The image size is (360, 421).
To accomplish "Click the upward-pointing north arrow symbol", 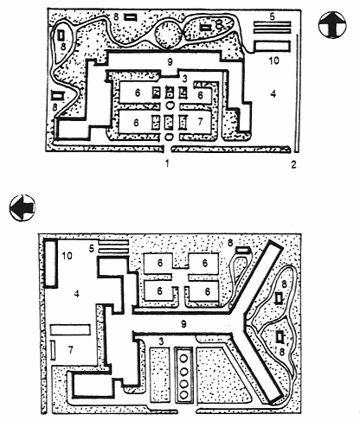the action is click(x=332, y=25).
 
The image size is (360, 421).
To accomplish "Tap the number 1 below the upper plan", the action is click(x=167, y=163).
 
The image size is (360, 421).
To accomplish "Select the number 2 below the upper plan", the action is click(x=293, y=164).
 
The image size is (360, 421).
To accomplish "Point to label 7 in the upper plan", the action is click(x=200, y=122).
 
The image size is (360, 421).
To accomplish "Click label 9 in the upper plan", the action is click(x=170, y=61).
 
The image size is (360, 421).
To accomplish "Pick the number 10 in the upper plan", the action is click(x=273, y=61).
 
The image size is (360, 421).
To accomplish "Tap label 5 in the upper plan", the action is click(x=272, y=16).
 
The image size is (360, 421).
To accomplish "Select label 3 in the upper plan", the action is click(x=184, y=78).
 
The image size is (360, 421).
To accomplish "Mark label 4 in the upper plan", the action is click(x=273, y=93).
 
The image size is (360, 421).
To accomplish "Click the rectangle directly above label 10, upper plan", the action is click(x=272, y=46).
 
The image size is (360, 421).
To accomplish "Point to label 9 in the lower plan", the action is click(x=183, y=324).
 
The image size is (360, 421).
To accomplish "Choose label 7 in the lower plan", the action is click(x=70, y=350).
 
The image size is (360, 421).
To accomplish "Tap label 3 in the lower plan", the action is click(x=161, y=341).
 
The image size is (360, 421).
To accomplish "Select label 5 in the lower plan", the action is click(x=92, y=248).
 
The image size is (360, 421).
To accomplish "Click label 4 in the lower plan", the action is click(x=76, y=294).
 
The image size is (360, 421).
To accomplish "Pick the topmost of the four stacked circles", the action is click(x=183, y=359).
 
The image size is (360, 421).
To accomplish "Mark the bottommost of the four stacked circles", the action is click(x=183, y=394).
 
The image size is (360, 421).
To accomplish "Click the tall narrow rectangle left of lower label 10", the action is click(x=50, y=263).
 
